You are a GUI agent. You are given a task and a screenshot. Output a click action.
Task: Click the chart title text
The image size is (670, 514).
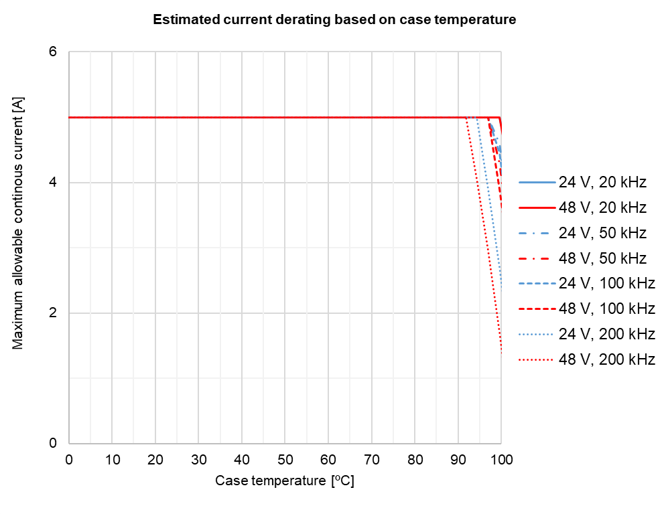tap(334, 19)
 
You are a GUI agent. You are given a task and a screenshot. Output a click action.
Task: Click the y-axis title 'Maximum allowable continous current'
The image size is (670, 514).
tap(18, 222)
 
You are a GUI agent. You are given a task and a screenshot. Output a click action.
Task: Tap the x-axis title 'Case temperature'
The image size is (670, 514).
tap(284, 481)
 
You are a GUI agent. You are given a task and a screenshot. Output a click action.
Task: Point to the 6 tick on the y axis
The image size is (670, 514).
tap(53, 52)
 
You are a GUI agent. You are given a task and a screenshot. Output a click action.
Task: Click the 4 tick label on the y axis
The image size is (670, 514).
tap(53, 183)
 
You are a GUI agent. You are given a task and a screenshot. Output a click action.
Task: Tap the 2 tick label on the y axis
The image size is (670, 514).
tap(53, 313)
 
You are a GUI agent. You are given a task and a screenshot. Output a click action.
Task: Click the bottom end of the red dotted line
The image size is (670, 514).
tap(501, 353)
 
